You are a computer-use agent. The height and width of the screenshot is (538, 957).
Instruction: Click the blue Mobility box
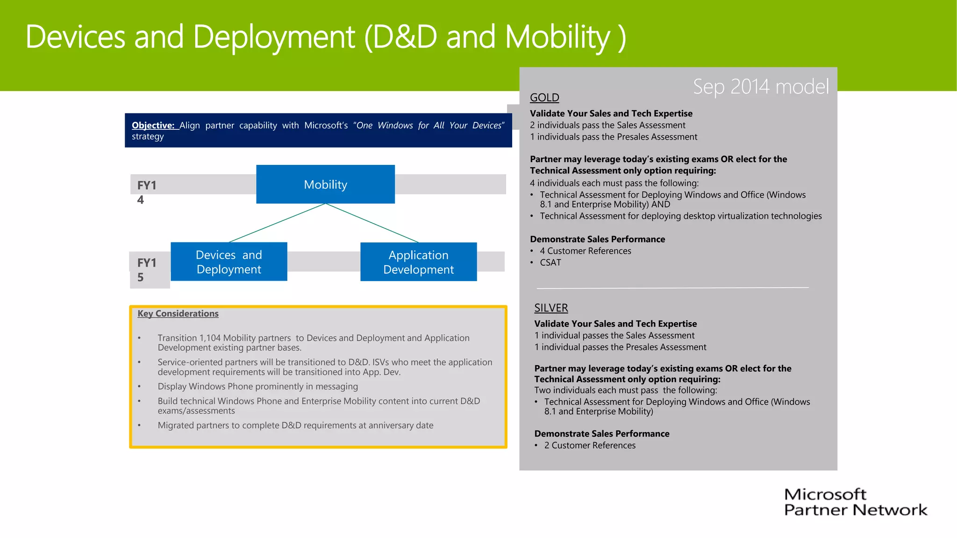pyautogui.click(x=325, y=184)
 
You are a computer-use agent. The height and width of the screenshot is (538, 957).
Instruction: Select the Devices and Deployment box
pyautogui.click(x=229, y=262)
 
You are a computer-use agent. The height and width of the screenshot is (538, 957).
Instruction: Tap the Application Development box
pyautogui.click(x=418, y=262)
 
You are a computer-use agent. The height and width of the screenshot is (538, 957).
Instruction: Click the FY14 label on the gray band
pyautogui.click(x=146, y=191)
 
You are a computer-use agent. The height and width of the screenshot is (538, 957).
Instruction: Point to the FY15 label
pyautogui.click(x=146, y=269)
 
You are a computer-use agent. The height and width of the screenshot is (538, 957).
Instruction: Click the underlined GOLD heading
pyautogui.click(x=544, y=98)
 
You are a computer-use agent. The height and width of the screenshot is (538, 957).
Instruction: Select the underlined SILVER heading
pyautogui.click(x=551, y=308)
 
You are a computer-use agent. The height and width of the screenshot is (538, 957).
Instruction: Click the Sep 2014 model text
pyautogui.click(x=760, y=87)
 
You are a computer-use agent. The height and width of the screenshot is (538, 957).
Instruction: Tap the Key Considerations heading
pyautogui.click(x=178, y=313)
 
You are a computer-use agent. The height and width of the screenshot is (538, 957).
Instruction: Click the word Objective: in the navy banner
pyautogui.click(x=153, y=125)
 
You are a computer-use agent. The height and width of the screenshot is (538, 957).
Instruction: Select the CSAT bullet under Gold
pyautogui.click(x=550, y=262)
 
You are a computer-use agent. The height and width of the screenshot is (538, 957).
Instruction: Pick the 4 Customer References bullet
pyautogui.click(x=585, y=251)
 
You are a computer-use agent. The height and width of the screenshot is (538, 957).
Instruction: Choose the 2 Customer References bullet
pyautogui.click(x=589, y=445)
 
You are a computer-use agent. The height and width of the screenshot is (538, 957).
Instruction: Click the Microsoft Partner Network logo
pyautogui.click(x=855, y=502)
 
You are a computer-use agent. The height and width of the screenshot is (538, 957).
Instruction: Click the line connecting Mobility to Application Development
pyautogui.click(x=372, y=223)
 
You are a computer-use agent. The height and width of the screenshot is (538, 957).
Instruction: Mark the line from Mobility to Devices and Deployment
pyautogui.click(x=278, y=223)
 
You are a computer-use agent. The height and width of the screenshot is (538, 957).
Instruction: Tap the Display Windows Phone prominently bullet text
pyautogui.click(x=257, y=386)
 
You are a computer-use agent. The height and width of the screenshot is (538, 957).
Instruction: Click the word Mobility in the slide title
pyautogui.click(x=558, y=37)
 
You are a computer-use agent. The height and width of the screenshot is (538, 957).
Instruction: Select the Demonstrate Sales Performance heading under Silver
pyautogui.click(x=601, y=433)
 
